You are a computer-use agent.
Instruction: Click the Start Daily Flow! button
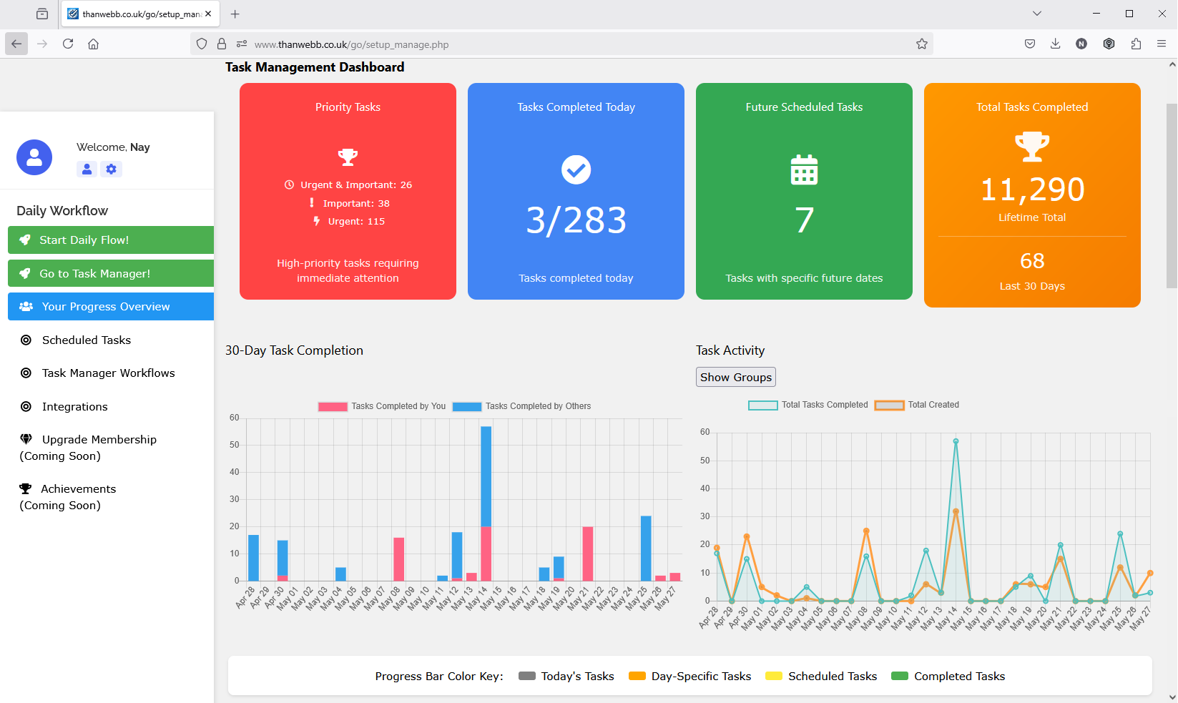tap(111, 240)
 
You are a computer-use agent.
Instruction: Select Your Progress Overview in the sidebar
tap(111, 307)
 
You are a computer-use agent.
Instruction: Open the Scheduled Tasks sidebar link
tap(86, 340)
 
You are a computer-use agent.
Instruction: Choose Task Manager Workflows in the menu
tap(108, 373)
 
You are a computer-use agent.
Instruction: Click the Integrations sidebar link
tap(74, 407)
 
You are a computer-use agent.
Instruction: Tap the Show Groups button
tap(735, 377)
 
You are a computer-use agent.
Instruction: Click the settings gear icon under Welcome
tap(111, 169)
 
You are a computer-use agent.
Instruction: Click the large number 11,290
tap(1032, 190)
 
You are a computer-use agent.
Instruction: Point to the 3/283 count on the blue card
tap(576, 220)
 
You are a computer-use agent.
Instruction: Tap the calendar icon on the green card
tap(804, 170)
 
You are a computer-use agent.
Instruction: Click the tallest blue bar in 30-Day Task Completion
tap(486, 476)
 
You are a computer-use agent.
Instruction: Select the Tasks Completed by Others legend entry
tap(522, 406)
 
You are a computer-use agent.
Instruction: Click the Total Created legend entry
tap(917, 405)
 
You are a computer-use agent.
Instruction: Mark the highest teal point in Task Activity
tap(956, 441)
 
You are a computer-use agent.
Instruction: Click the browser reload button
tap(68, 44)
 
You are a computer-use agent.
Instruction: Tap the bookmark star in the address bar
tap(922, 44)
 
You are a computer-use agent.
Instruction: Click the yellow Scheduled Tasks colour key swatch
tap(773, 677)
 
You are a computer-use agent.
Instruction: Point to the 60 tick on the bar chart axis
tap(235, 418)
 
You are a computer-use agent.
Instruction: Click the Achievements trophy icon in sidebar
tap(26, 489)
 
